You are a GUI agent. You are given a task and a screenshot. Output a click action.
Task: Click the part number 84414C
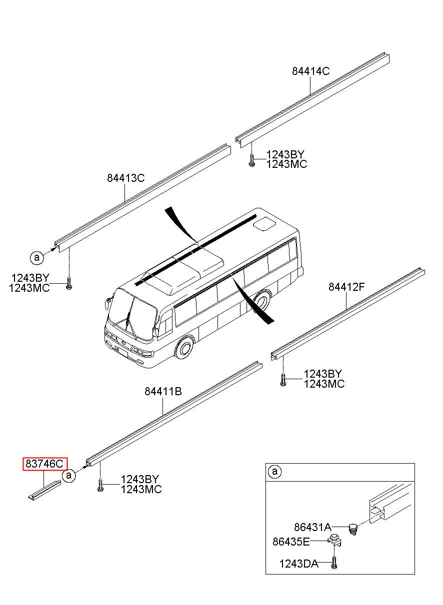click(310, 71)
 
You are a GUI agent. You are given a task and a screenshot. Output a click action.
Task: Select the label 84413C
click(125, 178)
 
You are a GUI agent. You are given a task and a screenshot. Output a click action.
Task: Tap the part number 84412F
click(346, 287)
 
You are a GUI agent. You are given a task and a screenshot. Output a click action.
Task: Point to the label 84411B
click(163, 391)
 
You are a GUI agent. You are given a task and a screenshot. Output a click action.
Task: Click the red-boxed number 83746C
click(45, 464)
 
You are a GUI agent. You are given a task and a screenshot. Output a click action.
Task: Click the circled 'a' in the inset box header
click(274, 472)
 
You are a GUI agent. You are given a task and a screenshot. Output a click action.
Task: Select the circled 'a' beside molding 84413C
click(37, 257)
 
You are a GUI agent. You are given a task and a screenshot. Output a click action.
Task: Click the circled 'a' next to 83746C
click(69, 475)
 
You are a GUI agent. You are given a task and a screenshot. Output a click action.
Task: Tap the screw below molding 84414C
click(251, 160)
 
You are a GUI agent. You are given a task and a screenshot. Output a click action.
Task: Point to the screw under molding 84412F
click(283, 380)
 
